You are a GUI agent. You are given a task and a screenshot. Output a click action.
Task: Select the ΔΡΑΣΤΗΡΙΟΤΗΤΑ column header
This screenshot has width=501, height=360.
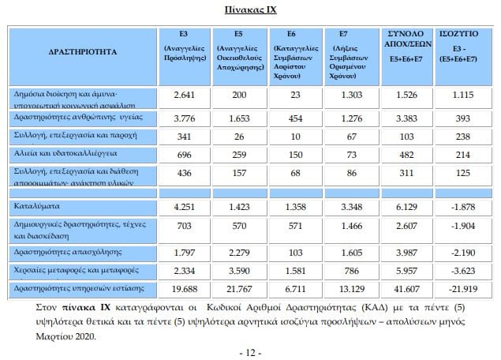click(x=82, y=52)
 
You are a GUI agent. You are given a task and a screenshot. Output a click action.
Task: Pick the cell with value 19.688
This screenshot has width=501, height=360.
click(x=183, y=288)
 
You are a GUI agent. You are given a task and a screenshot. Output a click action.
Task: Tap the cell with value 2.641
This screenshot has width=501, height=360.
click(x=183, y=96)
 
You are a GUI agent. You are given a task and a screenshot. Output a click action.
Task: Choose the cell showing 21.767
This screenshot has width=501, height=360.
click(x=238, y=288)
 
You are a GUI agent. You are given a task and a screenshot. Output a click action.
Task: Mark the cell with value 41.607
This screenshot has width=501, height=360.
click(x=407, y=288)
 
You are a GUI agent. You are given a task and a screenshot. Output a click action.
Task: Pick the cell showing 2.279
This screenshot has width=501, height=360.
click(x=238, y=253)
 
